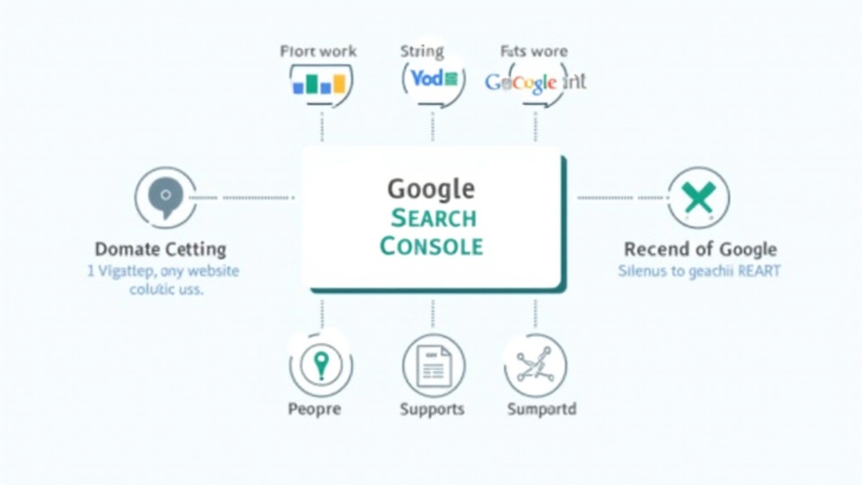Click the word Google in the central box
[x=431, y=188]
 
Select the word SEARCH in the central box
[x=434, y=218]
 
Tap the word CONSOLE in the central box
[x=431, y=246]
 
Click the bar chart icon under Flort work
[x=319, y=83]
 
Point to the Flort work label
[x=319, y=51]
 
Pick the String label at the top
[x=422, y=51]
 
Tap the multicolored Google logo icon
[x=521, y=83]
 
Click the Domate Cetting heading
[x=160, y=249]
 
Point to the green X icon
[x=698, y=198]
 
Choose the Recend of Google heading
[x=700, y=249]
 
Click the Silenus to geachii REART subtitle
[x=699, y=271]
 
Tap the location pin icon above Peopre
[x=320, y=365]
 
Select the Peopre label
[x=314, y=409]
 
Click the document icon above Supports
[x=434, y=365]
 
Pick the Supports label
[x=432, y=409]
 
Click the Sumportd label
[x=541, y=409]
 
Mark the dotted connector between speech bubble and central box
[x=244, y=198]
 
